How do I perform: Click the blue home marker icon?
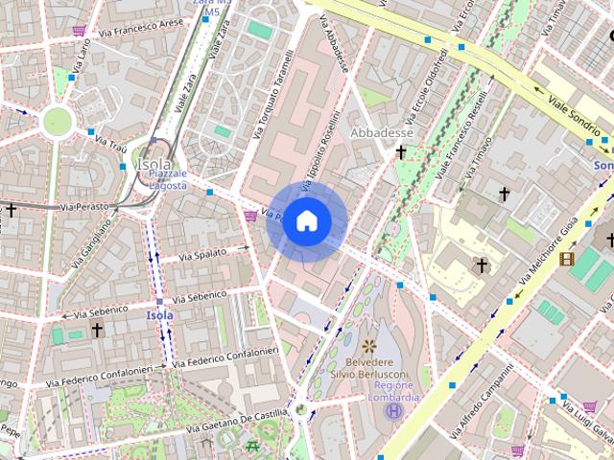306,220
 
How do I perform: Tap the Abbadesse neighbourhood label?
383,132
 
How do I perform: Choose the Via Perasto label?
81,206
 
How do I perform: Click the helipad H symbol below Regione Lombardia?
392,411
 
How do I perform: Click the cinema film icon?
567,258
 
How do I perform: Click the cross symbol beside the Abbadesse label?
401,152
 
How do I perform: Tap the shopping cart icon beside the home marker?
251,216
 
